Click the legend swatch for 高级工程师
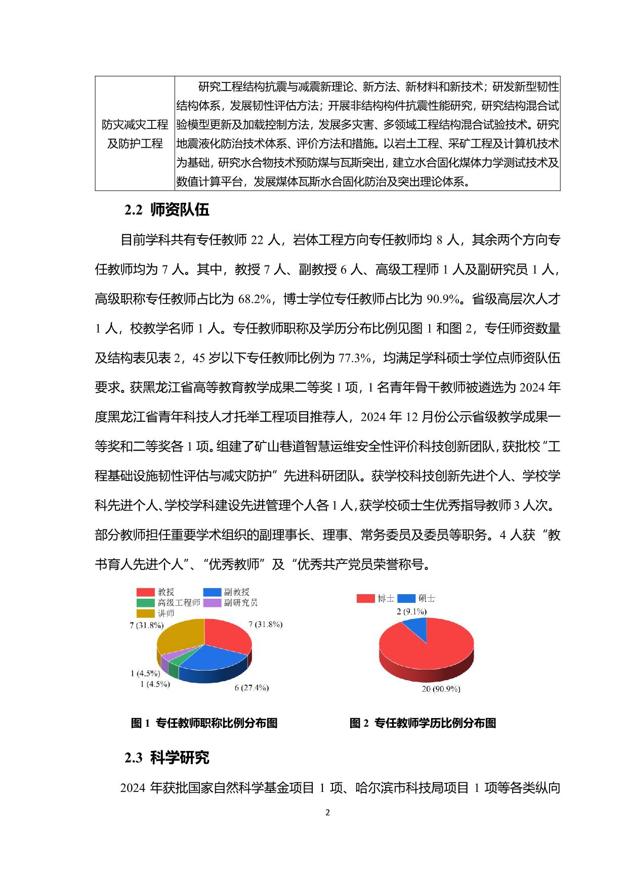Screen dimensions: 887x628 click(145, 603)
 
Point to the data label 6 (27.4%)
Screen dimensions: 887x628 click(252, 688)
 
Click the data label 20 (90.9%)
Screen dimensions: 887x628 click(441, 689)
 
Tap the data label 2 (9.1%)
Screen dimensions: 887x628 click(411, 612)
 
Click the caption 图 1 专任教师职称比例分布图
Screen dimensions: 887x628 click(204, 723)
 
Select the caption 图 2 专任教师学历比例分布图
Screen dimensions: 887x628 click(423, 723)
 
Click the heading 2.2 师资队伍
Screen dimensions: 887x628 click(167, 210)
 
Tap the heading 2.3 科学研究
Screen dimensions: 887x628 click(167, 758)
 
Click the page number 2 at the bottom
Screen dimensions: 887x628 click(327, 813)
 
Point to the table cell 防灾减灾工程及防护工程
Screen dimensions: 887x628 click(135, 134)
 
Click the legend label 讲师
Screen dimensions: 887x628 click(166, 613)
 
